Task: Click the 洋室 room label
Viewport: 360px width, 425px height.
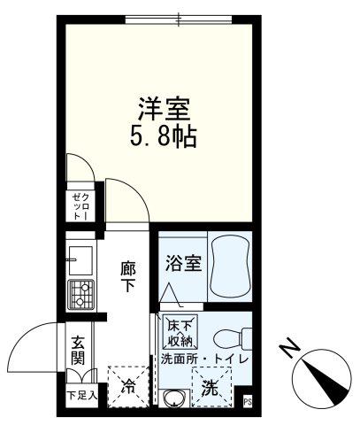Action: tap(164, 109)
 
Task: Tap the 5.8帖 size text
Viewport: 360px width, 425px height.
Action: tap(163, 136)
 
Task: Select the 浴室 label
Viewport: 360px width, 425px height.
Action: tap(183, 263)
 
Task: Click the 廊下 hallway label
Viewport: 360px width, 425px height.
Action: tap(128, 276)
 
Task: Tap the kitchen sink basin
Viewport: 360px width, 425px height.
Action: tap(80, 260)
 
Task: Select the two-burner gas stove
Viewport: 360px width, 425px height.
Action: tap(80, 295)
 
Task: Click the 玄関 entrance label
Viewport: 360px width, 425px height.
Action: tap(78, 350)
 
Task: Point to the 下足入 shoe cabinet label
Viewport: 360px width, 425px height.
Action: tap(82, 396)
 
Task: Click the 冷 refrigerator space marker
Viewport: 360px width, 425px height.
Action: tap(128, 386)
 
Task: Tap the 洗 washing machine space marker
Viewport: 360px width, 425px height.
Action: tap(211, 387)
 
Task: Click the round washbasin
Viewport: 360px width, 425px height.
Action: tap(175, 399)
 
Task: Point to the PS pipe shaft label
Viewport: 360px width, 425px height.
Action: tap(248, 402)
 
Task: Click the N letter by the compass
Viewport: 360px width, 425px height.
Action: tap(289, 350)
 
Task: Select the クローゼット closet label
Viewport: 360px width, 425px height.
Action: tap(80, 206)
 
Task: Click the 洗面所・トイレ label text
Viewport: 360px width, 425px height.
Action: tap(205, 359)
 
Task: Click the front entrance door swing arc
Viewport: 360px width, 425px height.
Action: tap(25, 336)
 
